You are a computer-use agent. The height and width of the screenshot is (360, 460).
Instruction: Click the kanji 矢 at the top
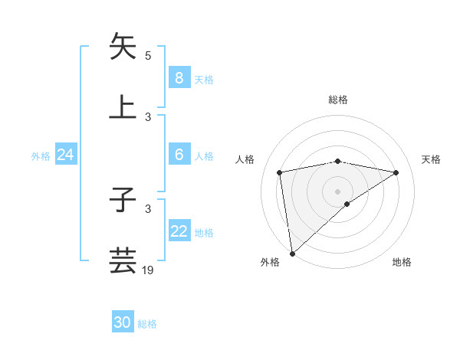(123, 46)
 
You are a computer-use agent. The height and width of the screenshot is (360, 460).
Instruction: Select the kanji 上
(123, 106)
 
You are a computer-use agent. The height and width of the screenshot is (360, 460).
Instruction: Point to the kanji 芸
(123, 260)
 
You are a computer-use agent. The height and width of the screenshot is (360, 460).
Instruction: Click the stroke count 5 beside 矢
(148, 55)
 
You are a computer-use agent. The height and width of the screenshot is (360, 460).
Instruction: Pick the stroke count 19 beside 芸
(148, 270)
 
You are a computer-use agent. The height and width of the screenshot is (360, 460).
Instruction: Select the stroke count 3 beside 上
(148, 116)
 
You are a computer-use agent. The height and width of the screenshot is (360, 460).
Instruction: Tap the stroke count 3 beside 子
(148, 208)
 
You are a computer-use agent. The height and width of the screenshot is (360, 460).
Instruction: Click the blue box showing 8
(179, 77)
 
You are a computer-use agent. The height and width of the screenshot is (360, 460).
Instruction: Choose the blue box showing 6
(179, 154)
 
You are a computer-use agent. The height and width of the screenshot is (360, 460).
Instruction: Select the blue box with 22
(179, 231)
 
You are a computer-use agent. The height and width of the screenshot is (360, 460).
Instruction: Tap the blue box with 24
(65, 155)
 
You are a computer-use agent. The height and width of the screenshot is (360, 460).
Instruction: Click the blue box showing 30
(123, 322)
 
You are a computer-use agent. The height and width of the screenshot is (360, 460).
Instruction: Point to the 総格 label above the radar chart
(338, 100)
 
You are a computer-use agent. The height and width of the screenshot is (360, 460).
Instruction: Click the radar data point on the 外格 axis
(291, 254)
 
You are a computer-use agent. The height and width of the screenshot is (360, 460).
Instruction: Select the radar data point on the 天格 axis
(396, 172)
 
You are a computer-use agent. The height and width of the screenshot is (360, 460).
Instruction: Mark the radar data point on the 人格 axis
(280, 172)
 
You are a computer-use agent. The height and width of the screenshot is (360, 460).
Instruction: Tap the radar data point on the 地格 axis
(347, 204)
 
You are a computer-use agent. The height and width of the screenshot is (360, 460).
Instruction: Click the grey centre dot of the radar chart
(338, 191)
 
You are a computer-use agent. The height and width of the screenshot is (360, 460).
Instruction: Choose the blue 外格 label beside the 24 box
(41, 156)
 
